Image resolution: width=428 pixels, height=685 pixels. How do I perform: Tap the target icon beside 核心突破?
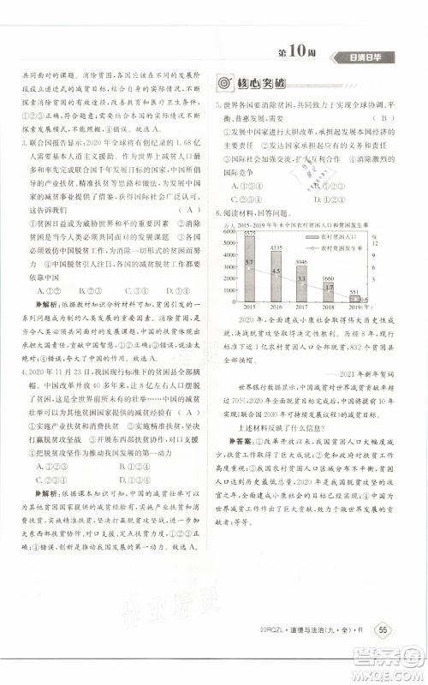224,84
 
